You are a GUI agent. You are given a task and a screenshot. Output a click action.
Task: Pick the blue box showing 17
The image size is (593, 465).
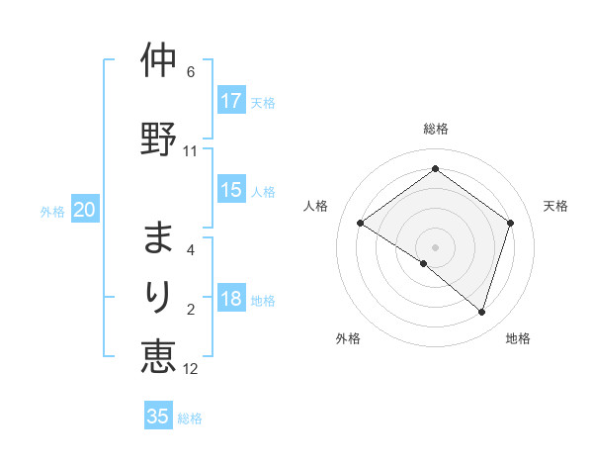point(231,101)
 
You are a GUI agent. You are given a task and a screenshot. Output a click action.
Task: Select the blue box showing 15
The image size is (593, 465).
point(231,190)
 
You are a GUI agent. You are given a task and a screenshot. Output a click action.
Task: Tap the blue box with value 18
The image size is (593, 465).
point(231,300)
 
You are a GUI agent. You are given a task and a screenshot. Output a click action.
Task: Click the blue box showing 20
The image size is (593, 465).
point(85,210)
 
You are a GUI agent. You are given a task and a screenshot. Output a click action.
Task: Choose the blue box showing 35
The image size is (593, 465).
point(158,417)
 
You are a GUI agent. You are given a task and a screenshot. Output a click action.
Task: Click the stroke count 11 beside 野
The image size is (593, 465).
point(191,151)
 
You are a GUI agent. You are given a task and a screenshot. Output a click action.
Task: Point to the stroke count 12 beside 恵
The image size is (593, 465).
point(191,369)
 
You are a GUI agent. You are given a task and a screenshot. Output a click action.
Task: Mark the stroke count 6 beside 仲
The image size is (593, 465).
point(191,72)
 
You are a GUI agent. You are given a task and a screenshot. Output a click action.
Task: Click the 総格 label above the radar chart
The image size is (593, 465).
point(435,129)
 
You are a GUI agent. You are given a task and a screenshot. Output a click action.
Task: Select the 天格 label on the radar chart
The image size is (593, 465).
point(555,206)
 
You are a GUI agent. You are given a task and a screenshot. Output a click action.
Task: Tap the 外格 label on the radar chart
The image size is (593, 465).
point(348,338)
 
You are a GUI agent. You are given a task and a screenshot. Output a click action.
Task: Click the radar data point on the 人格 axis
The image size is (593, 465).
point(361,224)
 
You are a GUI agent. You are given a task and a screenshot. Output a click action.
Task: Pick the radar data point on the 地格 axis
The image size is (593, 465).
point(481,312)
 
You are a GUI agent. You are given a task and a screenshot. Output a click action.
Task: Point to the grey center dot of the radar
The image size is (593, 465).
point(435,246)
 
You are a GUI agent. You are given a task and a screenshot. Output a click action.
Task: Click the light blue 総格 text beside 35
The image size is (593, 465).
point(190,418)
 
